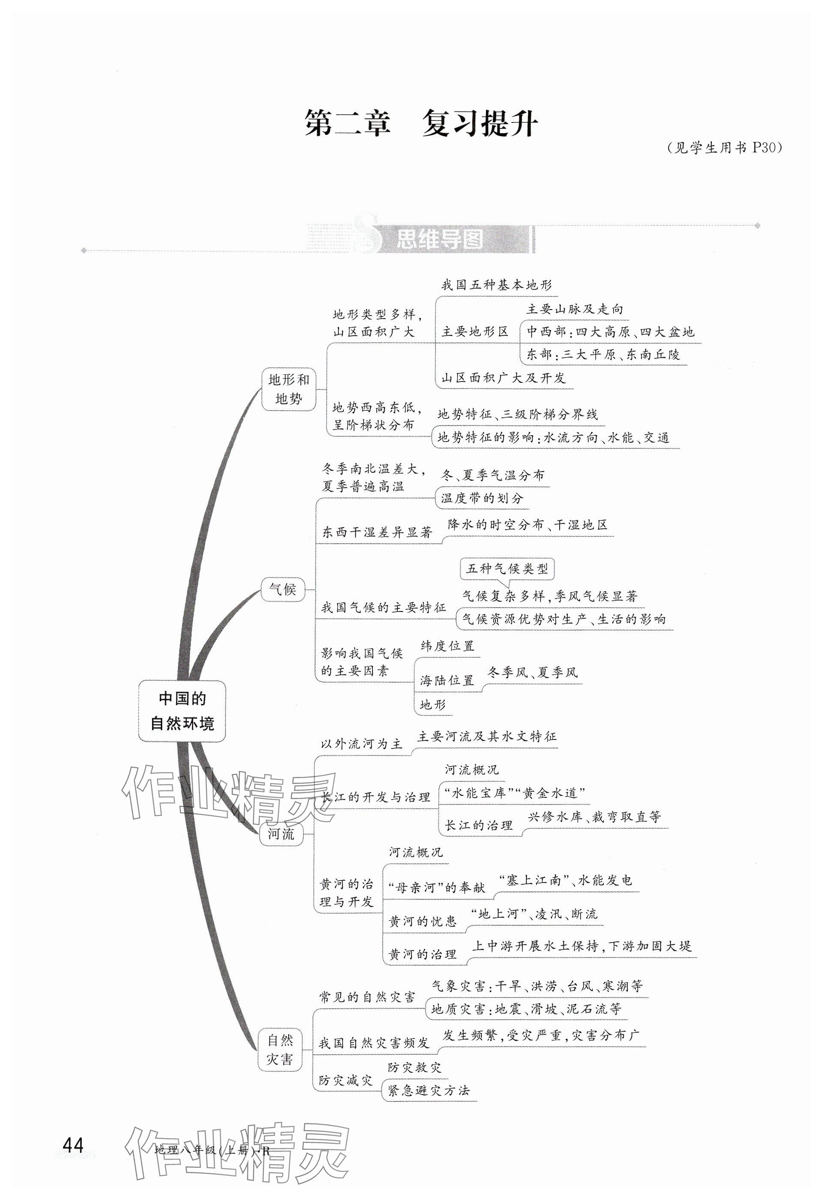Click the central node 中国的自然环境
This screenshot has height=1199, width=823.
point(182,710)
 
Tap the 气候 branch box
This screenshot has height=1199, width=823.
point(283,589)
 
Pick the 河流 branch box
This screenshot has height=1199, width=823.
point(281,834)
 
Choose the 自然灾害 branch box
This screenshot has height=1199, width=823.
point(280,1050)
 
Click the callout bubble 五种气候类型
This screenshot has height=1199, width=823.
point(507,569)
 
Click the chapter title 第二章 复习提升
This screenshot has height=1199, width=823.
point(420,124)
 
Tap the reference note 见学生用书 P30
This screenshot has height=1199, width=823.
point(724,148)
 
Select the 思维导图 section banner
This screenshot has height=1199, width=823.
point(440,239)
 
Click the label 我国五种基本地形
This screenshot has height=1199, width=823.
point(496,285)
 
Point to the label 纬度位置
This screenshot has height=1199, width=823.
point(447,646)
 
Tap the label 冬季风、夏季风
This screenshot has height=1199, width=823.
point(533,672)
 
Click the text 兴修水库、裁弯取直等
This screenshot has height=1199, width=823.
point(593,817)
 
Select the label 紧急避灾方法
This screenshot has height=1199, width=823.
point(428,1091)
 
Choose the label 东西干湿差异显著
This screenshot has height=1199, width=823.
point(377,532)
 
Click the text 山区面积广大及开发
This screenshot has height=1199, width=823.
point(503,378)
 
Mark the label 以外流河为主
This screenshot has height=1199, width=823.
point(361,744)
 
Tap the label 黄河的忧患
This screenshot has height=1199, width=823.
point(422,922)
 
